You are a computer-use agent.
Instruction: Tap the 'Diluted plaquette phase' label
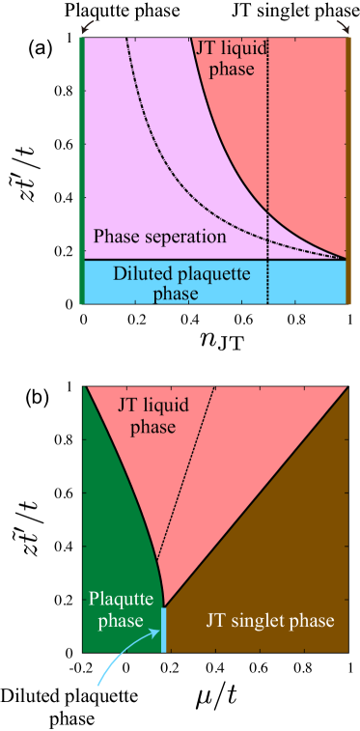click(x=181, y=282)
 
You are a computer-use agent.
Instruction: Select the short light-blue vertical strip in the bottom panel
click(x=164, y=629)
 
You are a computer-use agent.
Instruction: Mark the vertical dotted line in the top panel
click(x=267, y=145)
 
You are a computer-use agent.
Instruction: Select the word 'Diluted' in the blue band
click(x=140, y=274)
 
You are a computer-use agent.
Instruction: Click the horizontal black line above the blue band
click(x=212, y=260)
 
